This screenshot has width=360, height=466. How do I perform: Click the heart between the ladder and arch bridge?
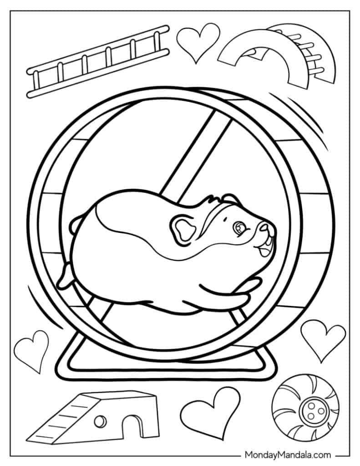pos(198,42)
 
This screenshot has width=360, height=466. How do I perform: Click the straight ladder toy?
pos(98,61)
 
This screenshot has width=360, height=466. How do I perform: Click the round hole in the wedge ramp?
pos(100,421)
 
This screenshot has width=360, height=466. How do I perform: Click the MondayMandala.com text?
pos(288,455)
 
